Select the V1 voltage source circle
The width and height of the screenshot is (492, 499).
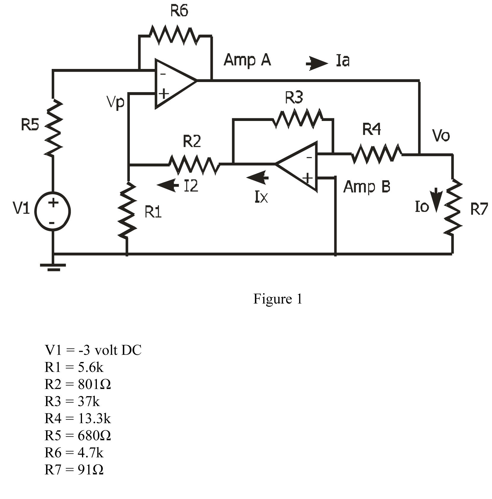[x=53, y=212]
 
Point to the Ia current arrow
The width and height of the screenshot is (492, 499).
[x=317, y=63]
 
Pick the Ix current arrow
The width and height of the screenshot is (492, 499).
[x=258, y=178]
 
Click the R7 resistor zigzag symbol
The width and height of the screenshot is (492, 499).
[x=452, y=207]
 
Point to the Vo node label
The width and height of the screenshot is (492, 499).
[x=441, y=136]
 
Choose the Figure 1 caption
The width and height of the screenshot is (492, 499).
[x=277, y=299]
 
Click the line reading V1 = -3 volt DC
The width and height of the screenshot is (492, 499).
[x=93, y=350]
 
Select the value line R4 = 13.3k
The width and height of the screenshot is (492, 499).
[x=78, y=418]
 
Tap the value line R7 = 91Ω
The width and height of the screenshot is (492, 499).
[x=74, y=470]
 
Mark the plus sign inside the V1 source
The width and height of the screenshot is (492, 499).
[x=53, y=203]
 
